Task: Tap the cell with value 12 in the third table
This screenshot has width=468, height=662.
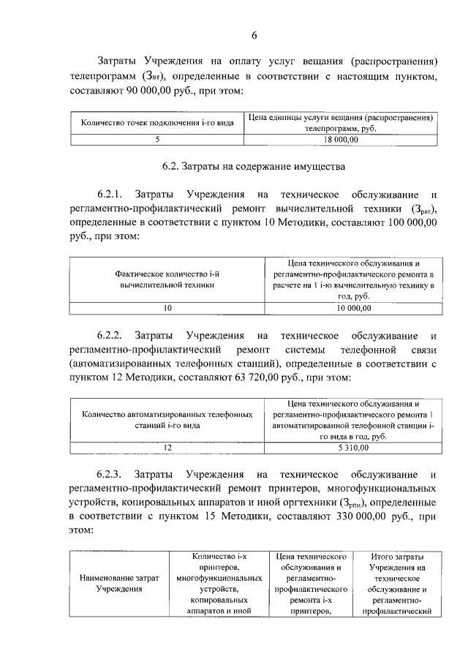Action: (167, 448)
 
